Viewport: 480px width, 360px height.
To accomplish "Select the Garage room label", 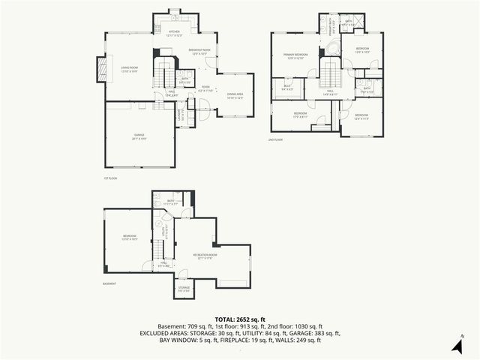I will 139,136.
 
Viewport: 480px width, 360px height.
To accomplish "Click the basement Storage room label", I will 184,288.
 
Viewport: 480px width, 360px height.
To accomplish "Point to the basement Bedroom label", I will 130,238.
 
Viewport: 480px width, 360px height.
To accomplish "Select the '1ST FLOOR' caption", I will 111,178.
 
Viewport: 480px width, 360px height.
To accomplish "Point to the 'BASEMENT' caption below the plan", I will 110,283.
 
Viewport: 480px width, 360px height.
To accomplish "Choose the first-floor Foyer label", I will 204,88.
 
